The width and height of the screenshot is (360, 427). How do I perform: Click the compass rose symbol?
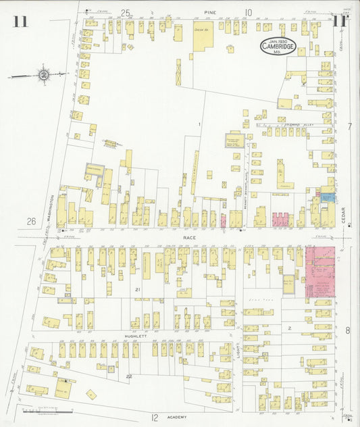click(x=43, y=74)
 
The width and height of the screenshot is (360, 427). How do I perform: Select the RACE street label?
click(x=190, y=238)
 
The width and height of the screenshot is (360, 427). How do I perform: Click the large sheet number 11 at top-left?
click(x=20, y=20)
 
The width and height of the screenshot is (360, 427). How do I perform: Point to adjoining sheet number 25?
click(x=125, y=11)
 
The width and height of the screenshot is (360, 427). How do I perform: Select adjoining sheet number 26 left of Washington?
click(x=30, y=221)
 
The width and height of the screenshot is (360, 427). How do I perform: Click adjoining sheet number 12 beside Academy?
click(x=155, y=418)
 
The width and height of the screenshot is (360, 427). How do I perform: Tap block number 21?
click(x=138, y=289)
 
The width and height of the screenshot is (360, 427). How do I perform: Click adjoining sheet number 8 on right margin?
click(x=349, y=330)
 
